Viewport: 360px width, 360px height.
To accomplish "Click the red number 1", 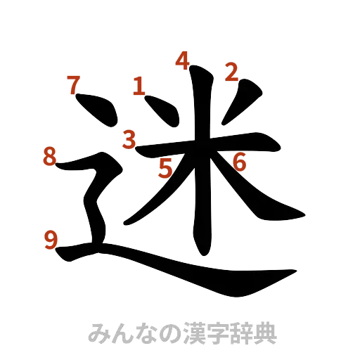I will click(x=139, y=86).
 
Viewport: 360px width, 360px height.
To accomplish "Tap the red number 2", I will click(x=232, y=71).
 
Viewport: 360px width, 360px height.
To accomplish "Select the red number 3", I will click(x=129, y=139).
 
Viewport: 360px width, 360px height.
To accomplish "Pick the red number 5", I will click(x=165, y=168).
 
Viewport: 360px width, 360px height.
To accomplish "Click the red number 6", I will click(x=239, y=162).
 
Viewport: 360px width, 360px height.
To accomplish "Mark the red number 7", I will click(x=72, y=85).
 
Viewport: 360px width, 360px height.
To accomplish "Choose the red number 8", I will click(x=49, y=156).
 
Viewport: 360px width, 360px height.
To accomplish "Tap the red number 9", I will click(x=51, y=241).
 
